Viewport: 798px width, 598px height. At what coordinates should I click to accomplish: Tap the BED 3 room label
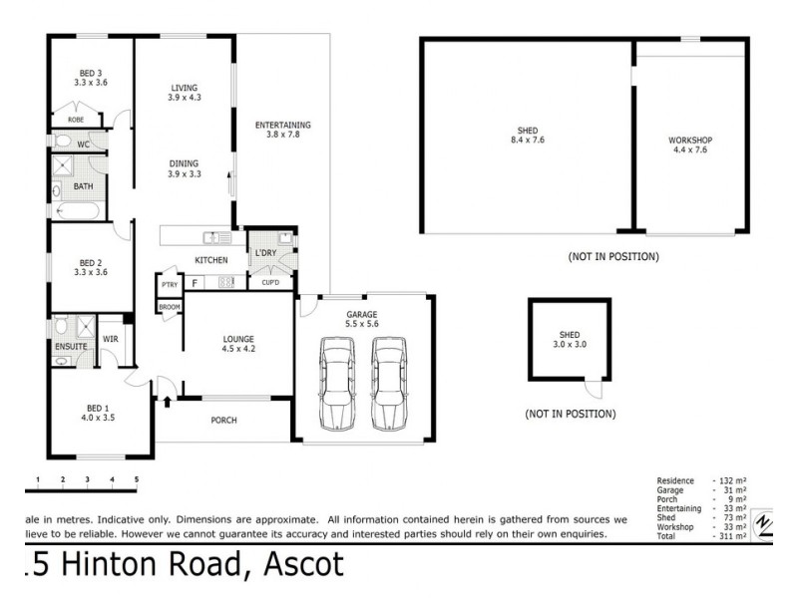tap(91, 78)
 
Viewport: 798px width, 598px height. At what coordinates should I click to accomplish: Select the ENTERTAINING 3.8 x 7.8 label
tap(282, 130)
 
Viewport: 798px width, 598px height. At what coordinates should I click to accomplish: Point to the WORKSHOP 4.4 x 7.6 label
tap(690, 146)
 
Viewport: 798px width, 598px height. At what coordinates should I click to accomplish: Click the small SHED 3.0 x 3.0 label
tap(570, 339)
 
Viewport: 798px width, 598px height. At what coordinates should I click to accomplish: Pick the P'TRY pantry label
tap(169, 285)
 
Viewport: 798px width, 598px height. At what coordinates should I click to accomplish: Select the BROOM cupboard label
tap(169, 306)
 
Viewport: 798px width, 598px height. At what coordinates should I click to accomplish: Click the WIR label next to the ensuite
tap(111, 339)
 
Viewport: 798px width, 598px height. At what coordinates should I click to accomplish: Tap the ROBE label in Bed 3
tap(76, 120)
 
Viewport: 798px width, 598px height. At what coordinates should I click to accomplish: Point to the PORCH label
tap(223, 421)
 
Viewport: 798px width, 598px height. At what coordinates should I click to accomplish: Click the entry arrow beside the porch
tap(167, 402)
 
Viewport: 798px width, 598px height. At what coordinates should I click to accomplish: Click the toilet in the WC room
tap(62, 144)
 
